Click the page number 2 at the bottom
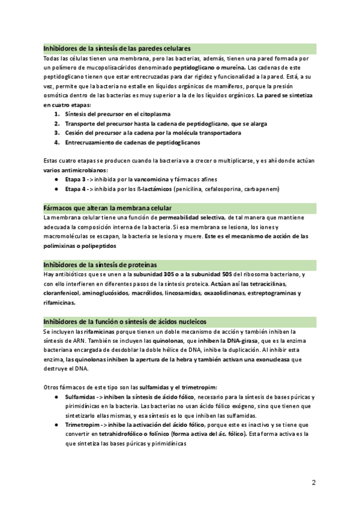pyautogui.click(x=313, y=482)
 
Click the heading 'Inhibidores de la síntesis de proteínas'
pyautogui.click(x=100, y=265)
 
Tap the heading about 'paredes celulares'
pyautogui.click(x=118, y=48)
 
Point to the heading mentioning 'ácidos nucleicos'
pyautogui.click(x=125, y=321)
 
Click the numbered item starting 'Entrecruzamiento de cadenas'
pyautogui.click(x=133, y=142)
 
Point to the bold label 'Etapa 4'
pyautogui.click(x=76, y=188)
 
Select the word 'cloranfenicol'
pyautogui.click(x=63, y=293)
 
